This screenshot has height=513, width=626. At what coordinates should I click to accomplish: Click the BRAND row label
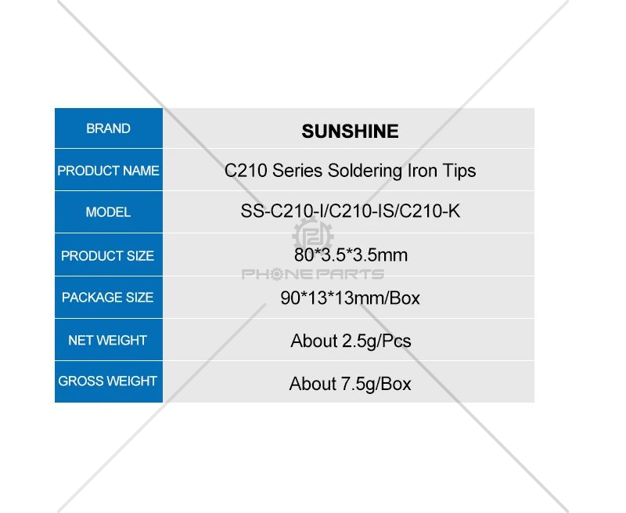coord(108,128)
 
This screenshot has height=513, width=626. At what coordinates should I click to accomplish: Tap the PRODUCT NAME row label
coord(108,171)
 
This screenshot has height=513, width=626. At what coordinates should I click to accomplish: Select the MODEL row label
coord(108,211)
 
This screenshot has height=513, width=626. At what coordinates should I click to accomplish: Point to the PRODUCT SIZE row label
coord(107,255)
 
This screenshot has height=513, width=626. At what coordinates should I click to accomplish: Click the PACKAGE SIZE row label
coord(107,298)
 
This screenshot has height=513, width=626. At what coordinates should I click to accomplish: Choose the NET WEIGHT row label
coord(107,340)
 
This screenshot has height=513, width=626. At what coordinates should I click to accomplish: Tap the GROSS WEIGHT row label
coord(107,381)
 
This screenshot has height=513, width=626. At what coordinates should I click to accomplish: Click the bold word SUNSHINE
coord(350,131)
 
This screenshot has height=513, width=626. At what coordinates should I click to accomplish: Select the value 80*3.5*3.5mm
coord(351,255)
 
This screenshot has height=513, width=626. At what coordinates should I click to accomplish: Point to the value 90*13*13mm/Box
coord(350,298)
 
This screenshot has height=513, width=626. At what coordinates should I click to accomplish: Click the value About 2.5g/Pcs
coord(351,341)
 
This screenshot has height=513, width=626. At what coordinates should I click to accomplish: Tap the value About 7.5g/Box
coord(350,384)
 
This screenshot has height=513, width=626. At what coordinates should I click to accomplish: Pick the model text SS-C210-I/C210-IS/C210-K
coord(350,211)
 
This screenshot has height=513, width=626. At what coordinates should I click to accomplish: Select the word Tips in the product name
coord(459,171)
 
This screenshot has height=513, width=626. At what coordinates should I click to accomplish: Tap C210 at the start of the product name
coord(246,171)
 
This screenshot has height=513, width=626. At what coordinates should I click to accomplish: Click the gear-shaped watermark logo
coord(313,237)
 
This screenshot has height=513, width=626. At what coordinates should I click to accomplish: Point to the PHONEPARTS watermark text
coord(313,274)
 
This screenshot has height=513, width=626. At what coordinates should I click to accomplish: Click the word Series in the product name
coord(297,171)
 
